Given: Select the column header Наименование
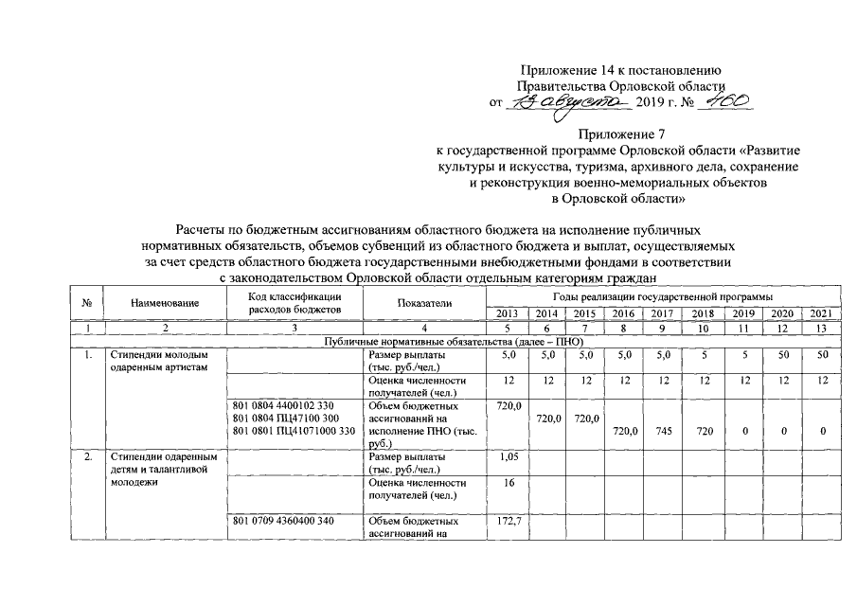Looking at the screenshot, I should (166, 303).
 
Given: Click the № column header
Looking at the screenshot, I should (86, 303).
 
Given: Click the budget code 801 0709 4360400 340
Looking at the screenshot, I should (281, 521).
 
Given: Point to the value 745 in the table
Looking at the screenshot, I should (663, 431).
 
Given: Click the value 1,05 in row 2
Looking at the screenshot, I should (509, 455).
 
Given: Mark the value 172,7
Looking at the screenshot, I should (509, 521).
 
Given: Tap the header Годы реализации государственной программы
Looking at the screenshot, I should (664, 297).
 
